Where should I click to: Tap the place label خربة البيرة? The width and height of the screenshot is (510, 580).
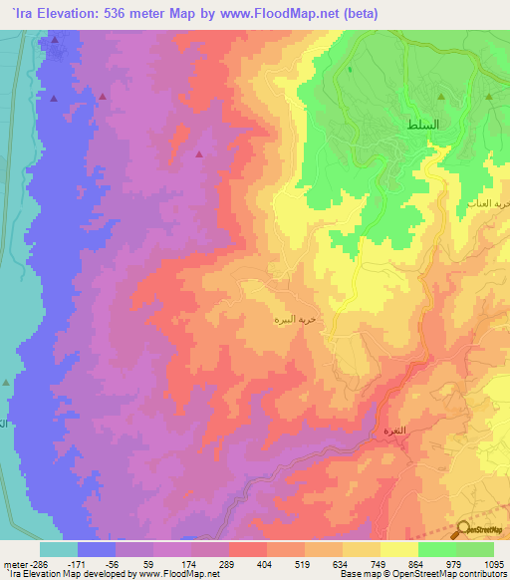[x=296, y=321]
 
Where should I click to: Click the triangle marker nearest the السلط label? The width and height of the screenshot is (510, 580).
[x=489, y=98]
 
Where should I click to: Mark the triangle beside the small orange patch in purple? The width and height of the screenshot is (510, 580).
[x=199, y=154]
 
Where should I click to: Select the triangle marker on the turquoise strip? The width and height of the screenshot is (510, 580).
[x=7, y=382]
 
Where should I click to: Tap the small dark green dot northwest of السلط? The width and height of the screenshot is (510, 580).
[x=350, y=70]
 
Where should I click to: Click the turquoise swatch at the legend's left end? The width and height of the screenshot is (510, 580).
[x=58, y=549]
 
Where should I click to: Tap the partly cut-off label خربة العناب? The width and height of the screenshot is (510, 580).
[x=494, y=202]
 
